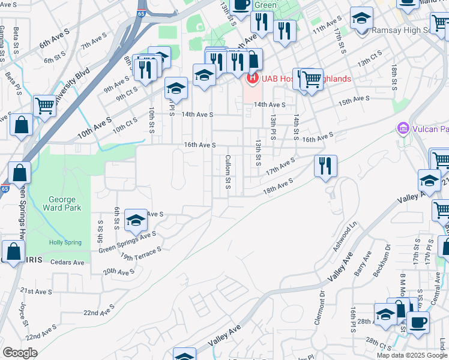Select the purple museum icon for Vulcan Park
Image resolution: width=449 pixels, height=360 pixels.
[402, 128]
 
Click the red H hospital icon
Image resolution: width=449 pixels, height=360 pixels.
[252, 78]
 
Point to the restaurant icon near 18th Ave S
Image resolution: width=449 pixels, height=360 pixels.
[325, 166]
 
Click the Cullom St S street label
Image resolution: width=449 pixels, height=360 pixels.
[228, 171]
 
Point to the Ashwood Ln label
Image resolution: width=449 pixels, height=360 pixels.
[346, 238]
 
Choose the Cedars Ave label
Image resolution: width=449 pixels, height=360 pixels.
[67, 262]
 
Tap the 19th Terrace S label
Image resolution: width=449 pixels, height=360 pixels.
[141, 254]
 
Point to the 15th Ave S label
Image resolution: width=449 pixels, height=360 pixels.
[354, 100]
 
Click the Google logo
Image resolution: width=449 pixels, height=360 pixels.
[20, 353]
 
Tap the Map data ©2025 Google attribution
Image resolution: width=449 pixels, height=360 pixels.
[412, 355]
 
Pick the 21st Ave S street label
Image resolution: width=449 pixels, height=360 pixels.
[35, 292]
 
